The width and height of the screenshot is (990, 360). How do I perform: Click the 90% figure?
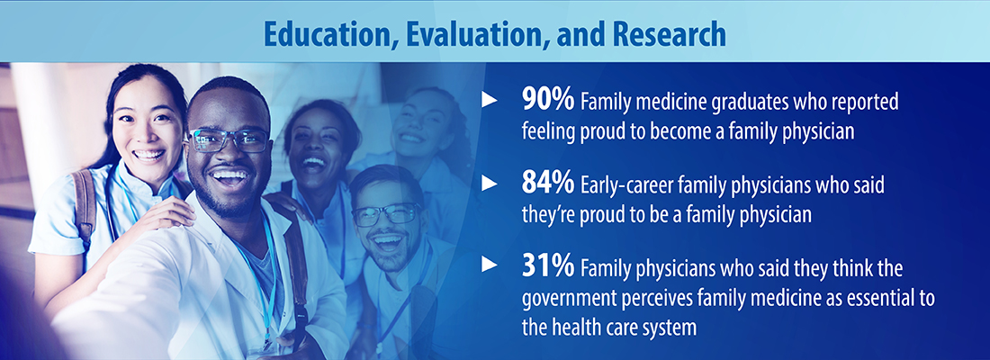[548, 101]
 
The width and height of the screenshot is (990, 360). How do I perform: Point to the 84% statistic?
[548, 184]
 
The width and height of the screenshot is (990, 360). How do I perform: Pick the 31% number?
[548, 268]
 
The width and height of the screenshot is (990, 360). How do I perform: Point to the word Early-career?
[621, 185]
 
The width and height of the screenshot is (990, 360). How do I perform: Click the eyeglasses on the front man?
[229, 140]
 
